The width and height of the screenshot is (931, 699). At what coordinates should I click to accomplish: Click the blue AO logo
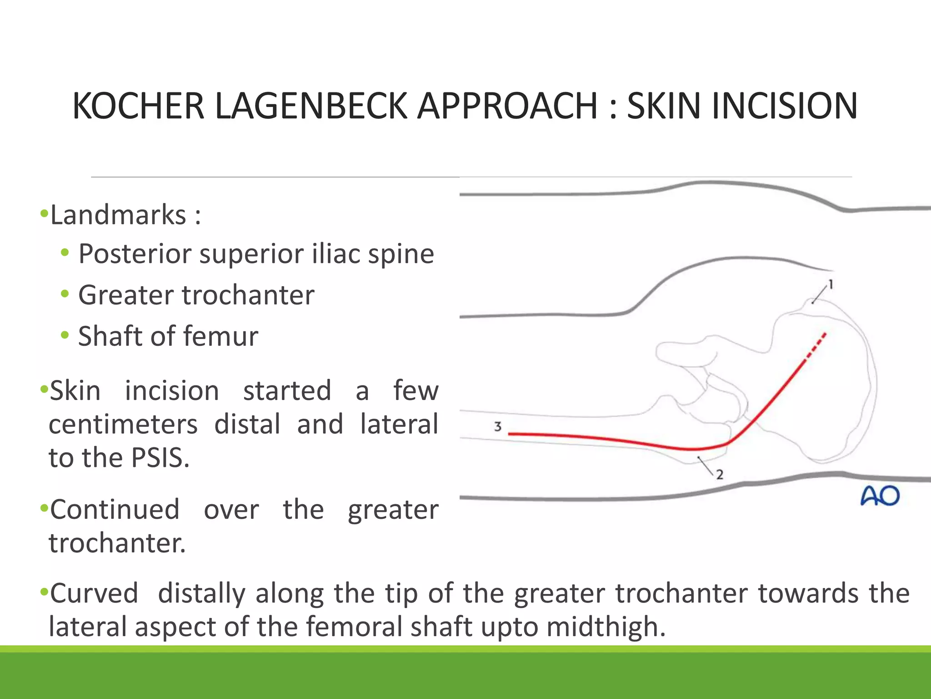880,496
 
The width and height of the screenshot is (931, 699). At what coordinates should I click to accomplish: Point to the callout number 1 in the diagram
831,285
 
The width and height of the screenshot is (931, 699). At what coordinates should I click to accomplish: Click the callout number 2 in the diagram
720,475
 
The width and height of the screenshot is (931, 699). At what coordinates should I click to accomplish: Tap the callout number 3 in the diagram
498,427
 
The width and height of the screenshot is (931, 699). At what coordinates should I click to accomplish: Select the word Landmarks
118,215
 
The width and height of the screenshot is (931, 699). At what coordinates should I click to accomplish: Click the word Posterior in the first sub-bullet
135,254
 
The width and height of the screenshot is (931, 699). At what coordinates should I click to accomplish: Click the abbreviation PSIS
160,457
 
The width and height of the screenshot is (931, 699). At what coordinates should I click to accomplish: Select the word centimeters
123,424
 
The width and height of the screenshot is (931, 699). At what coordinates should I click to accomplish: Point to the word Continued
115,509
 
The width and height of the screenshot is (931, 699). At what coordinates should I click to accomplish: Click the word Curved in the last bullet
94,593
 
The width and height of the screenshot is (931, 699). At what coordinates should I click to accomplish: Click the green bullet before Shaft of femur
65,335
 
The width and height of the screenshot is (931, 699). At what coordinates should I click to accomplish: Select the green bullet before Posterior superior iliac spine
65,253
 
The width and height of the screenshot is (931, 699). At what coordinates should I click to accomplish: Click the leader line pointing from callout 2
706,465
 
